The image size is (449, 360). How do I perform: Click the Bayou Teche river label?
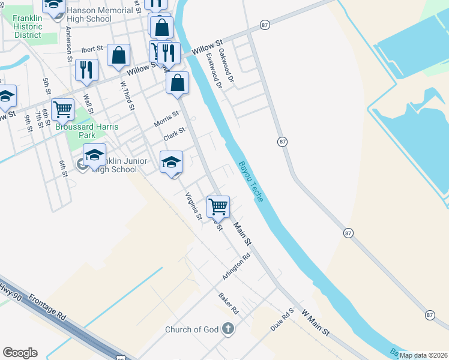pos(250,181)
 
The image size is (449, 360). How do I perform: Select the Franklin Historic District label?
pos(28,27)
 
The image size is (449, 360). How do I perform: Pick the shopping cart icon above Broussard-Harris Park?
pos(62,109)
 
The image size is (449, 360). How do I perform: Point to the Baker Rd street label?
pos(229,304)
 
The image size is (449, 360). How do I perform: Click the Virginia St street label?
pos(193,206)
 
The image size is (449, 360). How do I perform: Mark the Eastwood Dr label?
pos(214,72)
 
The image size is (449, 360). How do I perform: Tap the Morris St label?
pos(166,118)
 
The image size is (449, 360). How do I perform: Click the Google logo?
pos(20,353)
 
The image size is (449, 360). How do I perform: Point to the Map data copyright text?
pos(423,355)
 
